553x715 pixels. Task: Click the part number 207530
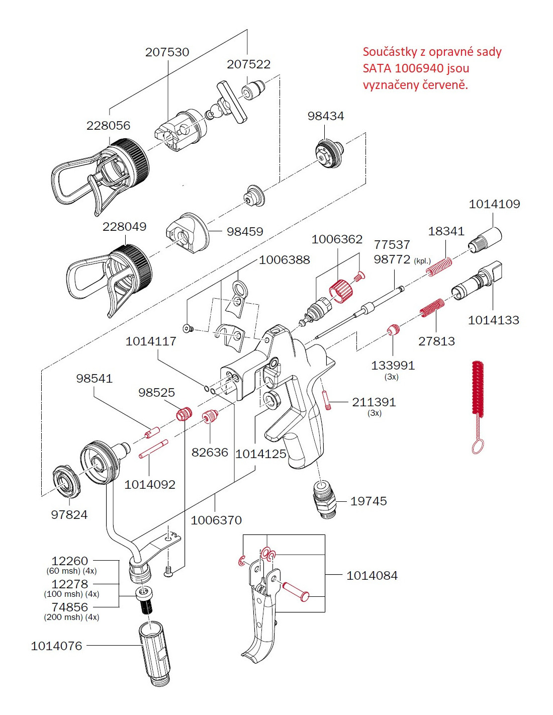pyautogui.click(x=167, y=52)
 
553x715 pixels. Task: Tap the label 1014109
pyautogui.click(x=494, y=204)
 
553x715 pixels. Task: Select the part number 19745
pyautogui.click(x=368, y=501)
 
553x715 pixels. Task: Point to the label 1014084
pyautogui.click(x=372, y=576)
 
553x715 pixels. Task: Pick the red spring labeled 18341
pyautogui.click(x=439, y=266)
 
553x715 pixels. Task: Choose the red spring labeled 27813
pyautogui.click(x=432, y=308)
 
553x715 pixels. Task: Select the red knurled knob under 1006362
pyautogui.click(x=341, y=292)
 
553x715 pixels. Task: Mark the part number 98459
pyautogui.click(x=245, y=232)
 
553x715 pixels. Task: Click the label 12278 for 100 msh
pyautogui.click(x=69, y=584)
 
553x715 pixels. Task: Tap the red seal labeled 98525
pyautogui.click(x=184, y=414)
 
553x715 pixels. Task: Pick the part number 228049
pyautogui.click(x=124, y=227)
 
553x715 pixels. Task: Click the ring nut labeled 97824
pyautogui.click(x=66, y=482)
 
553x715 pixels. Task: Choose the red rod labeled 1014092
pyautogui.click(x=153, y=449)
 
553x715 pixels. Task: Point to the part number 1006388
pyautogui.click(x=284, y=260)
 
